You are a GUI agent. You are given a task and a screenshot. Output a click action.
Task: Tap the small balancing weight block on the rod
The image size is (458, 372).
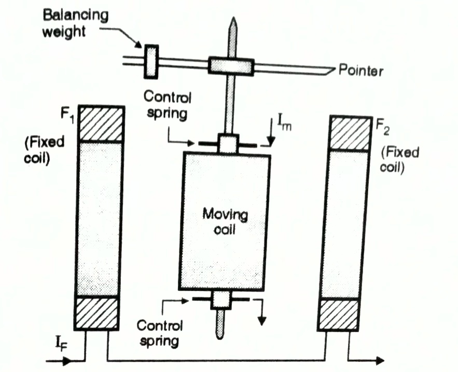(x=151, y=62)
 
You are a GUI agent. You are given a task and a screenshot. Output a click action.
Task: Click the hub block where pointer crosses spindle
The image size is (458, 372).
(x=231, y=66)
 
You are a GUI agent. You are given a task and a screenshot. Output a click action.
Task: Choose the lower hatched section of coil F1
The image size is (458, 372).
(x=98, y=312)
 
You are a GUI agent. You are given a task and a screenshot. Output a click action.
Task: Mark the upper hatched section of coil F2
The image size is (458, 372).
(x=351, y=133)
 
